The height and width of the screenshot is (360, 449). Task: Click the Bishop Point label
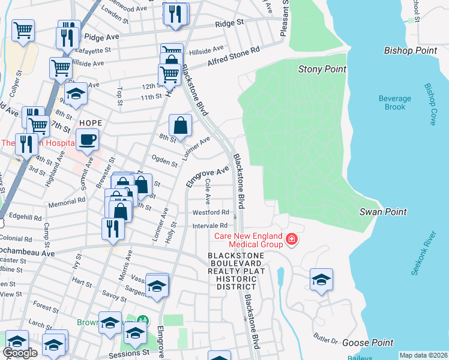click(x=411, y=51)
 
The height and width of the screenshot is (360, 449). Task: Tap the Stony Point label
click(x=322, y=70)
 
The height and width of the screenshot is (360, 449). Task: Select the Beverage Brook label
click(x=395, y=103)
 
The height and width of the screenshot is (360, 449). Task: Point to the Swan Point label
click(x=383, y=212)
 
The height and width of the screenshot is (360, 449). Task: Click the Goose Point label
click(x=367, y=343)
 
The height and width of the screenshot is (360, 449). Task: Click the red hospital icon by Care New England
click(x=292, y=239)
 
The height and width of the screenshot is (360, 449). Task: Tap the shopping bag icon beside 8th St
click(x=180, y=126)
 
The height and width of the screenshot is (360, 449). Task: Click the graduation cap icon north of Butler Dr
click(x=321, y=280)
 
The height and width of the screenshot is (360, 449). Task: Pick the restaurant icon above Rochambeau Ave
click(x=113, y=228)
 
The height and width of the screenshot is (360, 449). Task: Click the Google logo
click(x=20, y=353)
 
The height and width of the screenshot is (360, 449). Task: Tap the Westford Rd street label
click(x=211, y=212)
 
